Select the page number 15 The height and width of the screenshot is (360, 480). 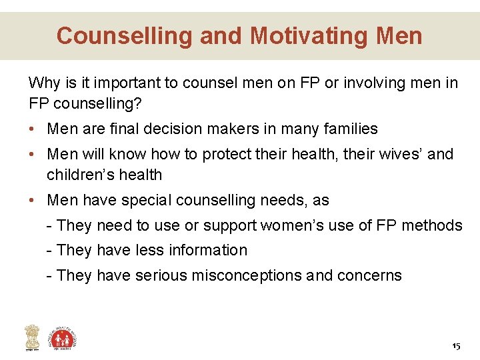pos(456,346)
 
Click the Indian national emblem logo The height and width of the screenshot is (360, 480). pos(32,337)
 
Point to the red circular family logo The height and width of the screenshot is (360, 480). pos(64,337)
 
